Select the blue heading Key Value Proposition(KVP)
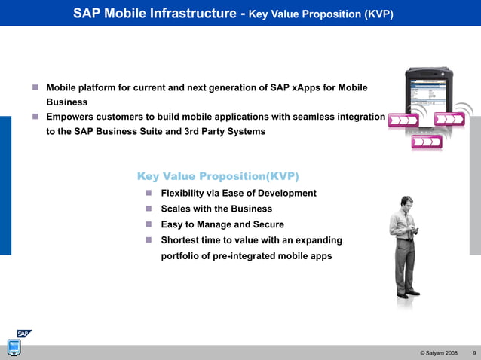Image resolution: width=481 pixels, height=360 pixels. (x=218, y=176)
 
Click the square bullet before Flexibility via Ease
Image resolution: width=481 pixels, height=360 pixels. (x=149, y=193)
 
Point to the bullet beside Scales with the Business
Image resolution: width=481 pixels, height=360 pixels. (x=149, y=209)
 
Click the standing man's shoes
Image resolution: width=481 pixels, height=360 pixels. (x=408, y=294)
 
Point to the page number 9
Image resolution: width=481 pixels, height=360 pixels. (x=473, y=353)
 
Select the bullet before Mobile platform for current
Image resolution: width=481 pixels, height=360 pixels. (x=35, y=88)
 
